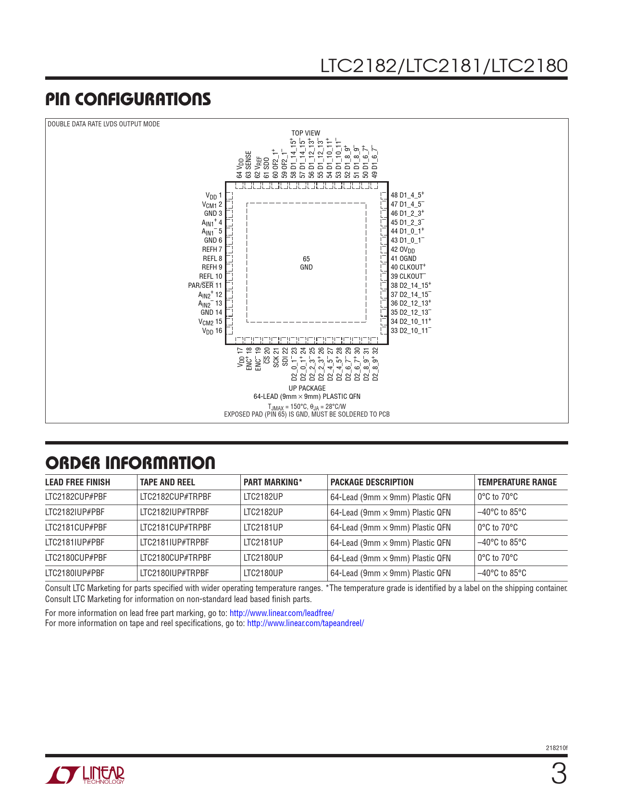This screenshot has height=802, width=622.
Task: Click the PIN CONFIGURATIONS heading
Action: coord(128,99)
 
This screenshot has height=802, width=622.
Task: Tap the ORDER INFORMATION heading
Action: coord(130,463)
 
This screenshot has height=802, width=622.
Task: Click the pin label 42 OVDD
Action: coord(402,250)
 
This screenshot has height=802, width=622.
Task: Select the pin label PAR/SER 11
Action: coord(205,285)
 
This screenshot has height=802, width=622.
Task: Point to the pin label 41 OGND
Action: coord(403,259)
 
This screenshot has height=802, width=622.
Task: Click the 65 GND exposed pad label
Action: coord(306,263)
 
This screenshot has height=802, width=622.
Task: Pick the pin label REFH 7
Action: coord(212,249)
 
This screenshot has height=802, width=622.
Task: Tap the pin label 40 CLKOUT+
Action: coord(408,267)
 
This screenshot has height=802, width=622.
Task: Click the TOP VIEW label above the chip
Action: coord(306,133)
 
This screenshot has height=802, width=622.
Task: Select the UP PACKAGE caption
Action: coord(307,388)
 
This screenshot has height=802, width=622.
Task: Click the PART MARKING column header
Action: coord(273,482)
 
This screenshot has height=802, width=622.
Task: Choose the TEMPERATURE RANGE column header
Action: coord(517,482)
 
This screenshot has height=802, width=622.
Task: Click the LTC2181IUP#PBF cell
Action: coord(75,543)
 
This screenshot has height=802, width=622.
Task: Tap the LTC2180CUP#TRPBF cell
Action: coord(175,558)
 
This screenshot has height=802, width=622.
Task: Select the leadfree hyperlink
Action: coord(282,613)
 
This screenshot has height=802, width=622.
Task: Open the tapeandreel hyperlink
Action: coord(305,623)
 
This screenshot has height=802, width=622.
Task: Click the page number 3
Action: coord(559,775)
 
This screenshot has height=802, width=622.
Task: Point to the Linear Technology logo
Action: coord(85,775)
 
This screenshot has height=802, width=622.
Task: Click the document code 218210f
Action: coord(557,748)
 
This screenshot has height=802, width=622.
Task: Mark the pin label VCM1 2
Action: coord(212,205)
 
